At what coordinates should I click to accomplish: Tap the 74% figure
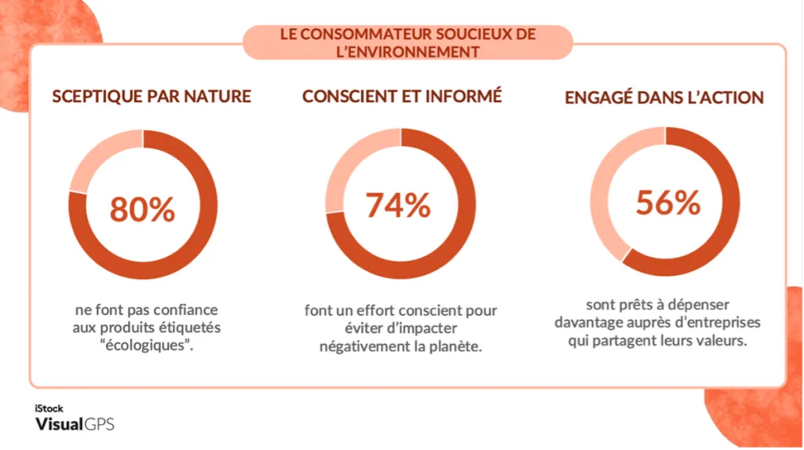(398, 205)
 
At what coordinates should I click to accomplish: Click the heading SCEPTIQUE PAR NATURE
(152, 97)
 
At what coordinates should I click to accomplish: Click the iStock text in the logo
(49, 408)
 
